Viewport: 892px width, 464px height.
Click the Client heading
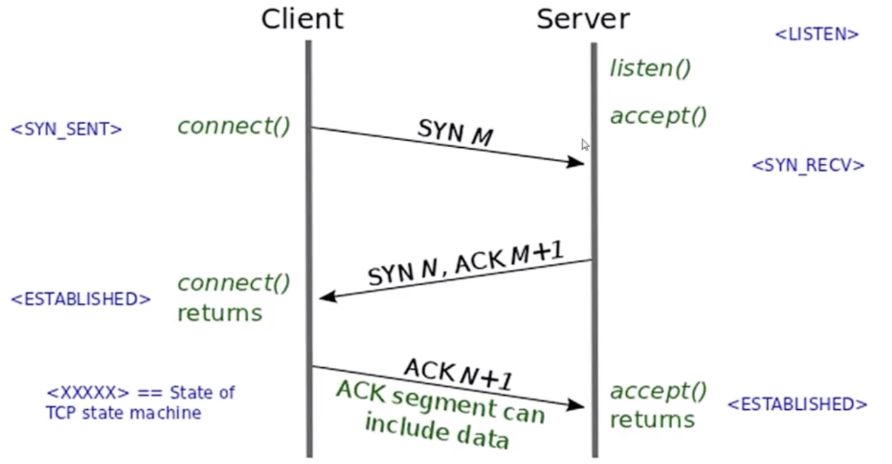[302, 19]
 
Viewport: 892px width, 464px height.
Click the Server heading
[583, 19]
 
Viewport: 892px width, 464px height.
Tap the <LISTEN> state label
[816, 34]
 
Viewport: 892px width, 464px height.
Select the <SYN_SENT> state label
[66, 129]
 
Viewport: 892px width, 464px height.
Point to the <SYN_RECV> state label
[808, 165]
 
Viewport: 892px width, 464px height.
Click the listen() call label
[650, 68]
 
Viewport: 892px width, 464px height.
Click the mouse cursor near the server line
[585, 145]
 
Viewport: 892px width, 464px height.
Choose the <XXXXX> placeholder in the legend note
[87, 393]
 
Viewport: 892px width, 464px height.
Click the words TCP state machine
[123, 413]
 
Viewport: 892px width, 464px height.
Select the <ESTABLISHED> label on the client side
[81, 299]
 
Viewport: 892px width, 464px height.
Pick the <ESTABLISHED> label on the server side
[797, 404]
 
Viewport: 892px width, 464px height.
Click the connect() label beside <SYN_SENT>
[233, 126]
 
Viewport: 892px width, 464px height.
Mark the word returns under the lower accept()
[652, 420]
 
